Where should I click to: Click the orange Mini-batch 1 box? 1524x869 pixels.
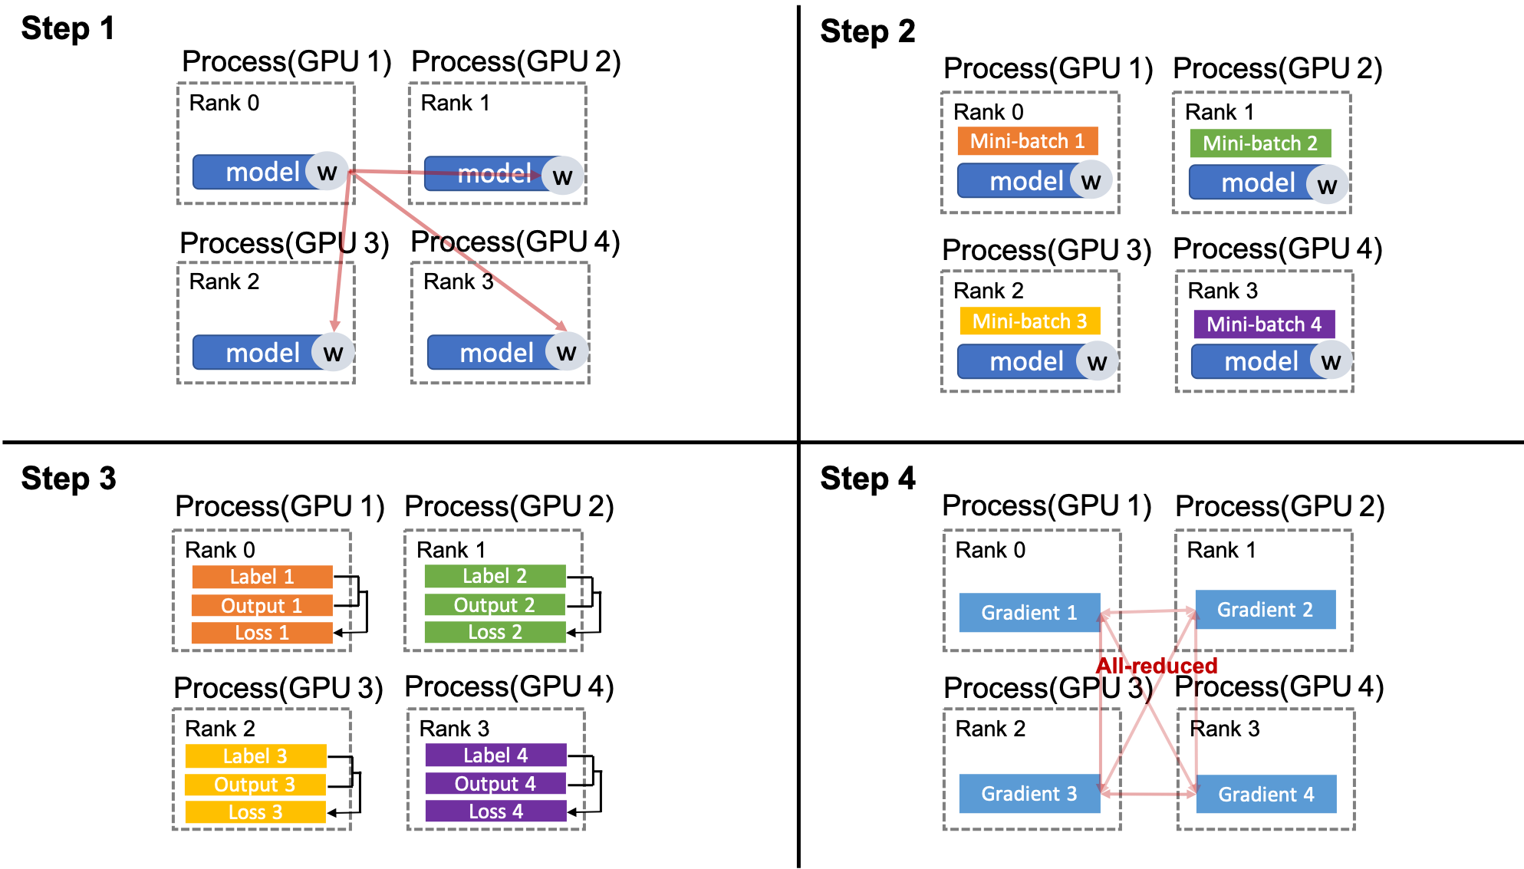click(1027, 141)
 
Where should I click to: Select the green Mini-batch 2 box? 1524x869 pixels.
click(1259, 143)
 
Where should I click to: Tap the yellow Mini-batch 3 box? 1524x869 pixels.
click(1029, 321)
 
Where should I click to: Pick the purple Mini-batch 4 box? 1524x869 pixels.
click(1263, 324)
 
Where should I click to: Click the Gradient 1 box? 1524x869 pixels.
click(1029, 613)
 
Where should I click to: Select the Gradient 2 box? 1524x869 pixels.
click(1265, 610)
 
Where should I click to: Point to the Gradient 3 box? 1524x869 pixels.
click(1029, 794)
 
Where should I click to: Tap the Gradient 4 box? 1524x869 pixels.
click(1266, 795)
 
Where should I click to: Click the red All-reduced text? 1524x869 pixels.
click(1157, 666)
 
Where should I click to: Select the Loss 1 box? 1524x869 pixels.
click(262, 633)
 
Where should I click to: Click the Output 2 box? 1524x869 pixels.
click(494, 605)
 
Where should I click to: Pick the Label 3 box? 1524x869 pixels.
click(255, 756)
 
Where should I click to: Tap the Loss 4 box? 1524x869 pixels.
click(495, 811)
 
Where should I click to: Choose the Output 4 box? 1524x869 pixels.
click(495, 784)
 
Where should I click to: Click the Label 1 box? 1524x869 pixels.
click(262, 577)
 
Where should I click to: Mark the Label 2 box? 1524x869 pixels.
click(494, 576)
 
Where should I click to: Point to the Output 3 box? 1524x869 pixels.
click(255, 785)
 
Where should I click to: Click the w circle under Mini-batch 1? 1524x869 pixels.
click(1091, 181)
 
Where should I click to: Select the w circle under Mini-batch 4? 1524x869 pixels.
click(1331, 361)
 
